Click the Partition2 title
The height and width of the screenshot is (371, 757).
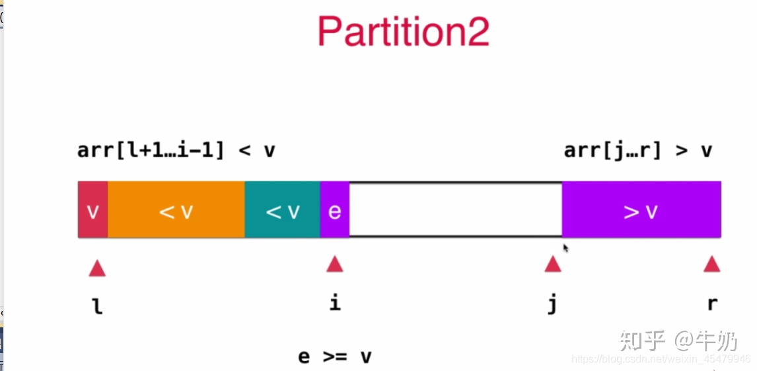(403, 31)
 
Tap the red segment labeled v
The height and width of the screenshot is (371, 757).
(92, 210)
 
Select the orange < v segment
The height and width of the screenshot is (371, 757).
(176, 210)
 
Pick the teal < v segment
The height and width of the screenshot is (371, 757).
(283, 210)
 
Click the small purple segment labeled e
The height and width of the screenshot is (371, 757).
(334, 210)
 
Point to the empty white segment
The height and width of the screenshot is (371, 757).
(456, 210)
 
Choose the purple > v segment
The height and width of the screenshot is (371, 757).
(641, 210)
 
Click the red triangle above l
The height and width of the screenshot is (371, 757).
(97, 268)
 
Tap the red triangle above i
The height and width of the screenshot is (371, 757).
(334, 265)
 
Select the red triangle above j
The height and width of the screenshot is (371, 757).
(553, 265)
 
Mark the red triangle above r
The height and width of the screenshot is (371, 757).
(711, 265)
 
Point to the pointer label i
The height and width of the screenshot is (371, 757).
(335, 303)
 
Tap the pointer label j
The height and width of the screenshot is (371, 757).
(553, 305)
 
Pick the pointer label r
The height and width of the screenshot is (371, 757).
(712, 304)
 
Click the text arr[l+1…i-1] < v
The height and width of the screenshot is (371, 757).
(176, 150)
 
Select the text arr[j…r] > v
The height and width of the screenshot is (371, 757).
(638, 150)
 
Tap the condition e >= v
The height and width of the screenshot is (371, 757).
(335, 357)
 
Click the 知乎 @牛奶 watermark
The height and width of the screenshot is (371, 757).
(678, 341)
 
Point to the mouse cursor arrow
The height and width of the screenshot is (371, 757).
(565, 247)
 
